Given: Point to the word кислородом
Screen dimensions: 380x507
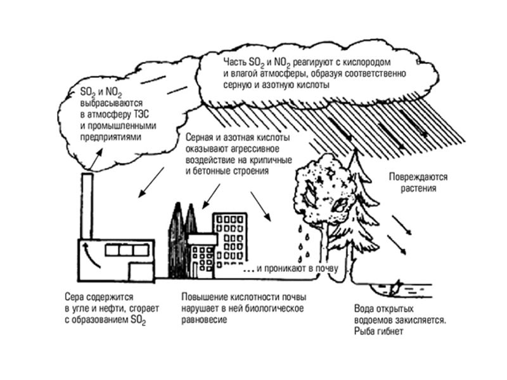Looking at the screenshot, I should [364, 62].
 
